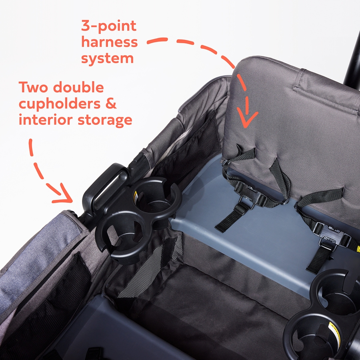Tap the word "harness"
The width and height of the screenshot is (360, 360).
coord(110,42)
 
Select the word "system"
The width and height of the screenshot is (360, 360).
coord(108,59)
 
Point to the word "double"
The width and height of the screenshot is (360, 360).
coord(78,87)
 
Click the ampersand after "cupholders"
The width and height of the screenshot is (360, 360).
coord(111,104)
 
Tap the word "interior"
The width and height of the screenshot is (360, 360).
coord(46,120)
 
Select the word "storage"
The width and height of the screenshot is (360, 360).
coord(105,121)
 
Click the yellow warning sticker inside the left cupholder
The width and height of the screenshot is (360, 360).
coord(136,196)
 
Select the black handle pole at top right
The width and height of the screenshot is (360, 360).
coord(352,62)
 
